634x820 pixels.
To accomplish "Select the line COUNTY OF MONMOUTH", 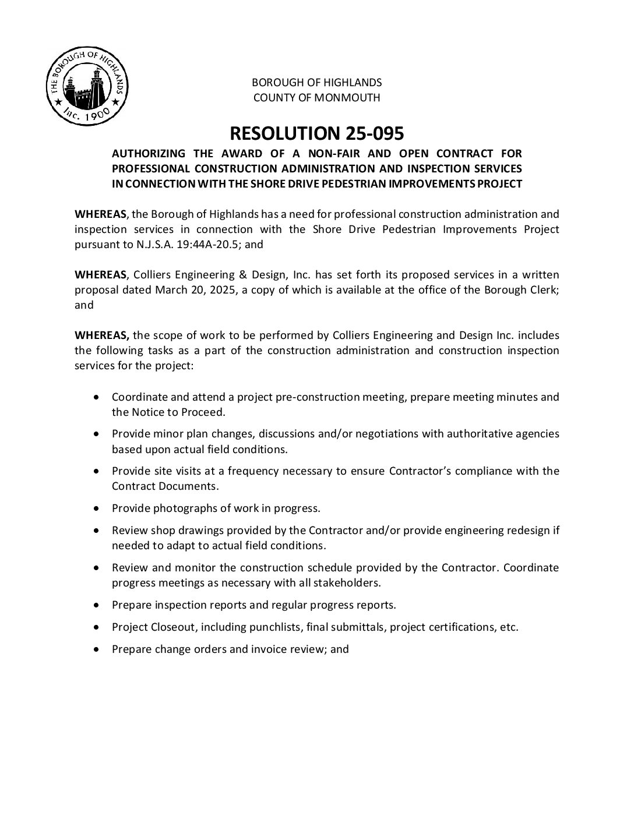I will coord(316,97).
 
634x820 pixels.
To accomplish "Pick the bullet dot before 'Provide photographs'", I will coord(97,508).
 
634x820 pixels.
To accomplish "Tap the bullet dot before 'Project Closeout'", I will coord(97,627).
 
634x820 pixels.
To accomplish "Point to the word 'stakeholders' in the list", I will coord(348,583).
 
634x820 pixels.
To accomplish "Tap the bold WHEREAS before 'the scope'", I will coord(102,335).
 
